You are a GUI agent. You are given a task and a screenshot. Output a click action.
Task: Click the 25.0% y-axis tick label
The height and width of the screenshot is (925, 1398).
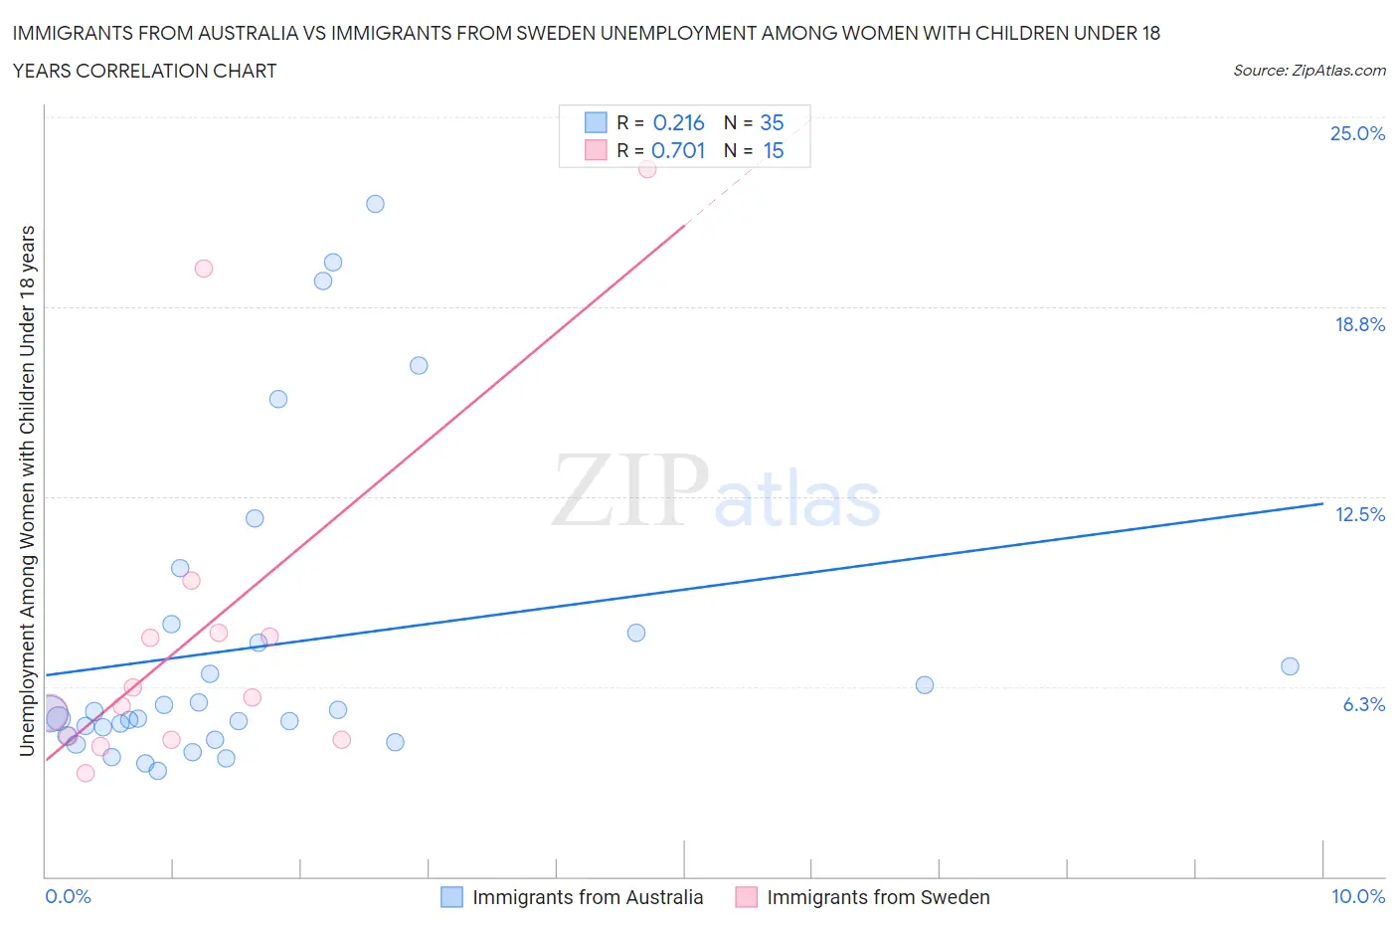pyautogui.click(x=1357, y=133)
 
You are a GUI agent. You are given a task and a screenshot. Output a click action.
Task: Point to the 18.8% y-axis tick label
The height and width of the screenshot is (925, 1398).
pyautogui.click(x=1359, y=324)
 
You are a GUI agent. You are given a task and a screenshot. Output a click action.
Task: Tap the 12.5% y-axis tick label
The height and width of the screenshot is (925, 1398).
pyautogui.click(x=1359, y=514)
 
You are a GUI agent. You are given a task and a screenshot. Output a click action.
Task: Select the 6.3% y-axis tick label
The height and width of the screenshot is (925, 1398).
pyautogui.click(x=1363, y=704)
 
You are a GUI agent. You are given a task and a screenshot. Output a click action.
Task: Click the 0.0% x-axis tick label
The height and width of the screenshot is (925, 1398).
pyautogui.click(x=69, y=896)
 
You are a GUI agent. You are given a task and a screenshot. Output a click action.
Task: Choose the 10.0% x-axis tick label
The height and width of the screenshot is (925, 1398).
pyautogui.click(x=1357, y=896)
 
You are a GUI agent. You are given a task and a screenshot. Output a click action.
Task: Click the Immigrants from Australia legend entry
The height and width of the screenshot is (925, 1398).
pyautogui.click(x=587, y=897)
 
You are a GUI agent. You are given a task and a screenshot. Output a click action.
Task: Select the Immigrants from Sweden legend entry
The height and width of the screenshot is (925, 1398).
pyautogui.click(x=878, y=897)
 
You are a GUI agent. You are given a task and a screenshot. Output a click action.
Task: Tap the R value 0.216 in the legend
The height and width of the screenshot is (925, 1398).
pyautogui.click(x=678, y=122)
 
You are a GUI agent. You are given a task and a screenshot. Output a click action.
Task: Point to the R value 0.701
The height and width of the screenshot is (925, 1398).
pyautogui.click(x=678, y=150)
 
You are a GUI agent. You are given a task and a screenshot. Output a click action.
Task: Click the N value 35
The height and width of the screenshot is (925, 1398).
pyautogui.click(x=772, y=122)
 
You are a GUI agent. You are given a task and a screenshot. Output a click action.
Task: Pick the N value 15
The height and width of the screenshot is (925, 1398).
pyautogui.click(x=773, y=150)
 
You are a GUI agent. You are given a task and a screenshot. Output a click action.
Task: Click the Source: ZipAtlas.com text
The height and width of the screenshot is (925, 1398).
pyautogui.click(x=1309, y=70)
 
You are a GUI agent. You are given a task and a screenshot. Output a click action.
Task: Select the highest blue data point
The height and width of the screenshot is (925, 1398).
pyautogui.click(x=375, y=204)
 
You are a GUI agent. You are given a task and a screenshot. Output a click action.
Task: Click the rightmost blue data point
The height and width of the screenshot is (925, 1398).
pyautogui.click(x=1290, y=666)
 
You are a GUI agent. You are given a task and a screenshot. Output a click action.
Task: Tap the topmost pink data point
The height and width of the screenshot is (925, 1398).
pyautogui.click(x=647, y=169)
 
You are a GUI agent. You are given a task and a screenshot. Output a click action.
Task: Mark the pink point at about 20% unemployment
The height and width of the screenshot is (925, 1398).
pyautogui.click(x=204, y=269)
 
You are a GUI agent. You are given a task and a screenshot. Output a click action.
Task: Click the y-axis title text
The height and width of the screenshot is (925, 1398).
pyautogui.click(x=27, y=490)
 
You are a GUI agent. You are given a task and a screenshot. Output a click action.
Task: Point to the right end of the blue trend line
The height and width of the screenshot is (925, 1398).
pyautogui.click(x=1322, y=504)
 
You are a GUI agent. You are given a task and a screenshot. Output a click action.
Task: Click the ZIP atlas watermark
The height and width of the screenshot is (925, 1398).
pyautogui.click(x=716, y=492)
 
